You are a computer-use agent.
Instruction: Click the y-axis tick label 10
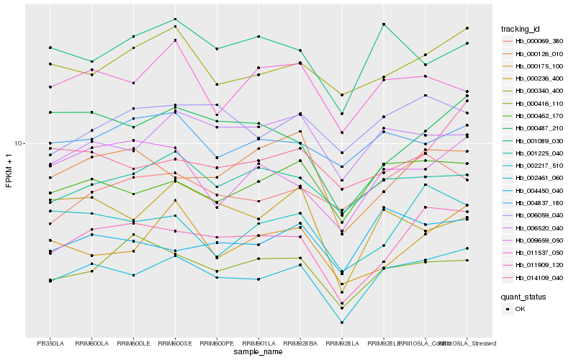click(x=20, y=143)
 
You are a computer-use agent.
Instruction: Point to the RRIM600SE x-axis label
click(x=175, y=343)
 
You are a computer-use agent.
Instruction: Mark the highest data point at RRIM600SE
click(x=175, y=19)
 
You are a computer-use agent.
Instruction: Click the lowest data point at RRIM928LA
click(x=342, y=323)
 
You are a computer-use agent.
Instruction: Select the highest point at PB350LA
click(x=50, y=48)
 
